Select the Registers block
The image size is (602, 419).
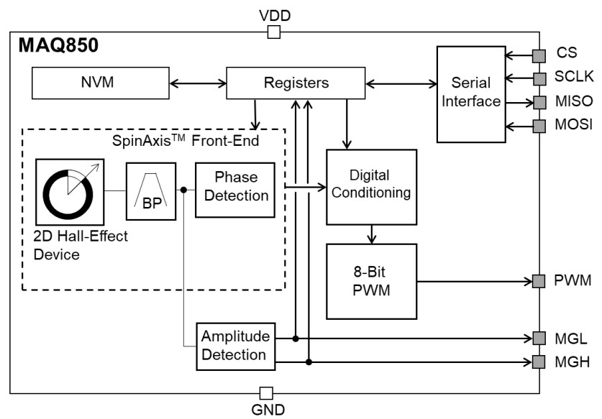click(x=295, y=83)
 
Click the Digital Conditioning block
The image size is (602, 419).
click(x=371, y=187)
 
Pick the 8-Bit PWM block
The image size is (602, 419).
click(x=371, y=281)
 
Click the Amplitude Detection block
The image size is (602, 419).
click(x=235, y=346)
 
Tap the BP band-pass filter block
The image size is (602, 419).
click(x=152, y=190)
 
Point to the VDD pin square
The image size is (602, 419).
click(x=273, y=32)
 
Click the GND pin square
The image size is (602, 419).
click(x=265, y=392)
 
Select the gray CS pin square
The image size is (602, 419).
click(x=539, y=55)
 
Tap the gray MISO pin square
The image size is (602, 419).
click(x=539, y=101)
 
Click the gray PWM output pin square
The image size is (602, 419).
click(x=539, y=281)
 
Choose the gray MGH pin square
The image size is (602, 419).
click(x=539, y=362)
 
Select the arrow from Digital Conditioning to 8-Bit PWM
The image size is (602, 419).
click(x=371, y=234)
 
